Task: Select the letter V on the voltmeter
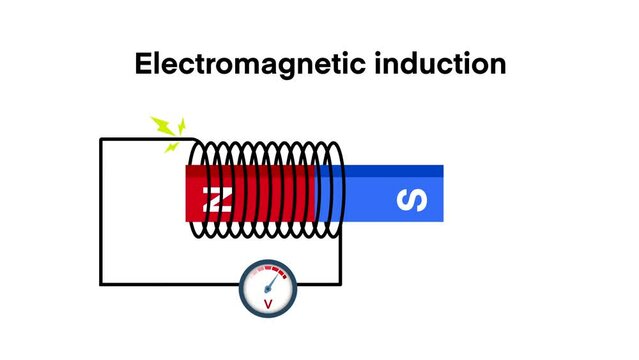pyautogui.click(x=268, y=303)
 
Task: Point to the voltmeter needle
pyautogui.click(x=275, y=280)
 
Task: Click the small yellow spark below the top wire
pyautogui.click(x=171, y=148)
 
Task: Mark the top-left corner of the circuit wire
pyautogui.click(x=101, y=139)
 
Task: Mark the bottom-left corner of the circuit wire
pyautogui.click(x=101, y=285)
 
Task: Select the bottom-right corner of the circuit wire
pyautogui.click(x=342, y=285)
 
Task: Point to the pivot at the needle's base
pyautogui.click(x=268, y=290)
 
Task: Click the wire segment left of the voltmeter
pyautogui.click(x=170, y=285)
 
